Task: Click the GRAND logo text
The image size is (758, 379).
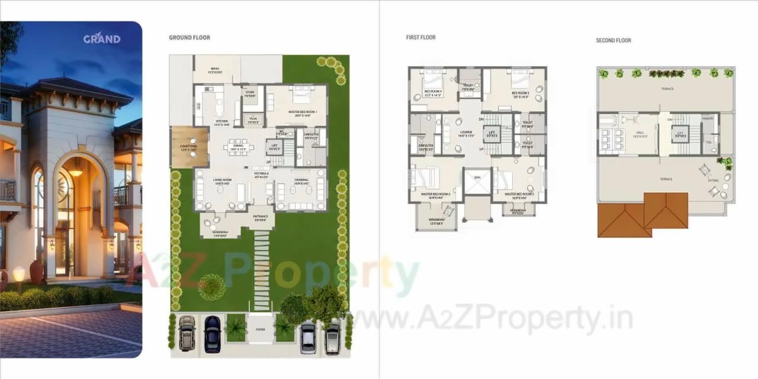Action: tap(102, 39)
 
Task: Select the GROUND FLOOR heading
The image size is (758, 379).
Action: tap(189, 38)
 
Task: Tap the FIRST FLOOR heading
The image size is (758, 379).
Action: tap(420, 37)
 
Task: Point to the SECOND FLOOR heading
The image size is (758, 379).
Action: tap(614, 40)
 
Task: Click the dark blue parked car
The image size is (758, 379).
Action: tap(212, 334)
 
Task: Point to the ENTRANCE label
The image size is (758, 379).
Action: tap(261, 217)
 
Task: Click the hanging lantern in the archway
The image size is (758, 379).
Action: tap(75, 171)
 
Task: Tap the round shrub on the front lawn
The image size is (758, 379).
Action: tap(210, 284)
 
